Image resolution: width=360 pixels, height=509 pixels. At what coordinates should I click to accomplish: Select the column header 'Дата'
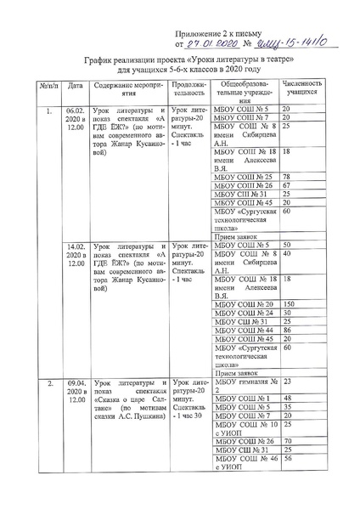click(x=75, y=87)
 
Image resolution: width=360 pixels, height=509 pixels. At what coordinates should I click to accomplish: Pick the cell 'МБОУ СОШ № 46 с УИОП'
click(x=246, y=463)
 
